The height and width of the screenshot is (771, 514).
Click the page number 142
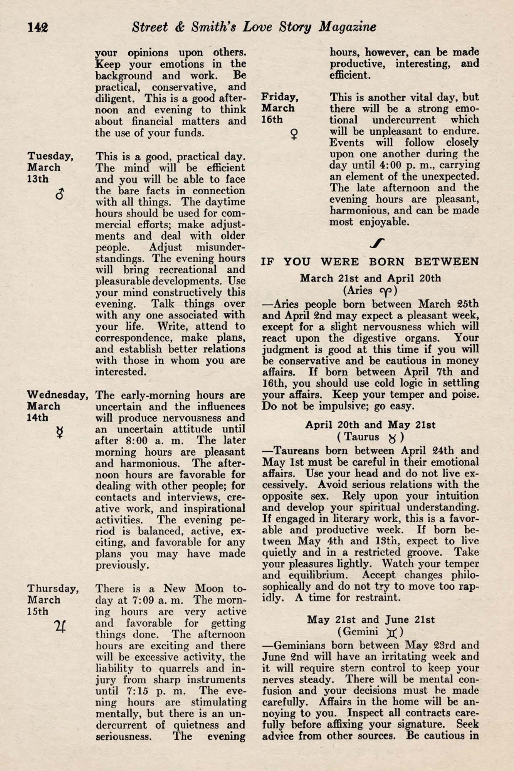[37, 27]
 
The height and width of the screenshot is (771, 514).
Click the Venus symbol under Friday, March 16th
[295, 134]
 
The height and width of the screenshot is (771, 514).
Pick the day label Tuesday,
[50, 156]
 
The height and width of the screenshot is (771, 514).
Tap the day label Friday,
[280, 97]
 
